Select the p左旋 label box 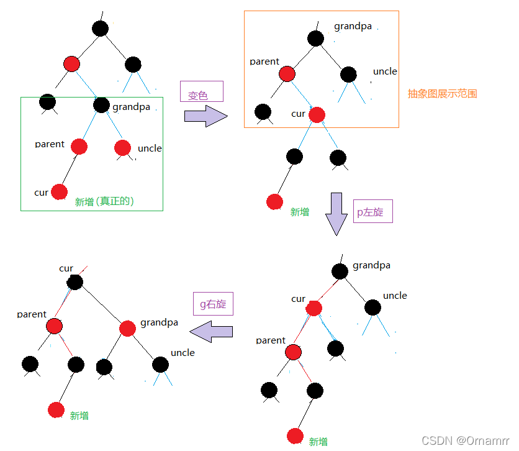click(373, 211)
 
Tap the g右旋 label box click(212, 304)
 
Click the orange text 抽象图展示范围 click(442, 94)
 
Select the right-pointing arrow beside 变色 click(206, 116)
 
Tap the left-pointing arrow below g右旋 click(211, 332)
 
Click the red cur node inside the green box click(59, 192)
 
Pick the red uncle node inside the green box click(122, 148)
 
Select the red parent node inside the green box click(79, 147)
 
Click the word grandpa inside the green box click(131, 107)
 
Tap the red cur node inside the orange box click(317, 114)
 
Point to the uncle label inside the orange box click(385, 71)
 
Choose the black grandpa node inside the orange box click(315, 39)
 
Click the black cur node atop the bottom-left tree click(74, 282)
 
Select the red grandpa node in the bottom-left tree click(127, 329)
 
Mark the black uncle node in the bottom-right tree click(372, 307)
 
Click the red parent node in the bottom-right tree click(293, 352)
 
